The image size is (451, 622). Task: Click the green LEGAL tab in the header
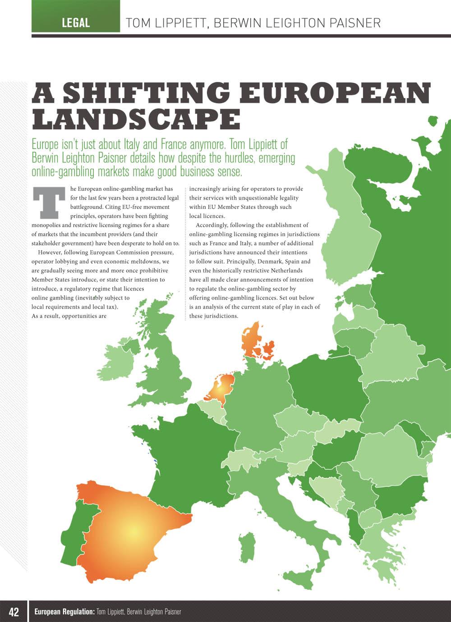[x=76, y=23]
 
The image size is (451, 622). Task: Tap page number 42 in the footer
[x=14, y=612]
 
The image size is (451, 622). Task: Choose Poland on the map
[x=325, y=383]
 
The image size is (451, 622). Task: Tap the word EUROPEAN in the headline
[x=336, y=93]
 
